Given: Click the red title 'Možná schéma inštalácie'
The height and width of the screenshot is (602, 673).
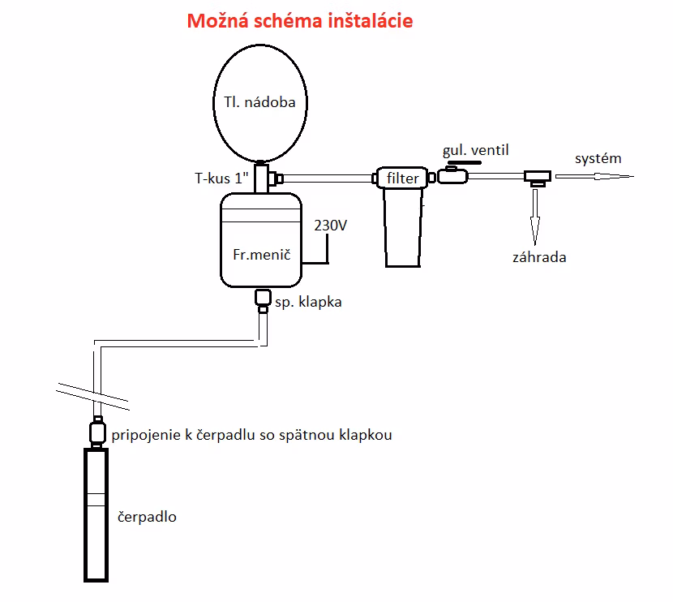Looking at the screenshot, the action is click(300, 21).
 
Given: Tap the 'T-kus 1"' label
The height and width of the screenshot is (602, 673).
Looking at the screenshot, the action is click(221, 178).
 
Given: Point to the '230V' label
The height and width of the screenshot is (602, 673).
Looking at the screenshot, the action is click(330, 225).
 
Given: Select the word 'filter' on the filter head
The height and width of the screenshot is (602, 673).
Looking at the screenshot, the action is click(402, 178).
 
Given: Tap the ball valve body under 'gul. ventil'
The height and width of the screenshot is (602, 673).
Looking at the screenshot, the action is click(452, 175).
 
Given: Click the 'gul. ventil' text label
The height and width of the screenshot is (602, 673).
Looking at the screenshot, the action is click(476, 150).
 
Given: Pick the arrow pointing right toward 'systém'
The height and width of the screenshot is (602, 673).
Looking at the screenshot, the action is click(594, 176).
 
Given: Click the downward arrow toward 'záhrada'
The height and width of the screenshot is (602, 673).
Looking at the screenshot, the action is click(535, 217).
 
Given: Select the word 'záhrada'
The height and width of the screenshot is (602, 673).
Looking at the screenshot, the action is click(539, 257).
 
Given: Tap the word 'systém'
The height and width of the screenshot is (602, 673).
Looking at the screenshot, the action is click(598, 158).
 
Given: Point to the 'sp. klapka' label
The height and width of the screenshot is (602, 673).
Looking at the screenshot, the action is click(308, 302).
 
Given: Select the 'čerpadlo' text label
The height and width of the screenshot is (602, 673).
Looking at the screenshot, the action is click(147, 517).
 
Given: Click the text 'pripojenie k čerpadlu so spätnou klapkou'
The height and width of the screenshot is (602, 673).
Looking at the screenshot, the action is click(251, 435).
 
